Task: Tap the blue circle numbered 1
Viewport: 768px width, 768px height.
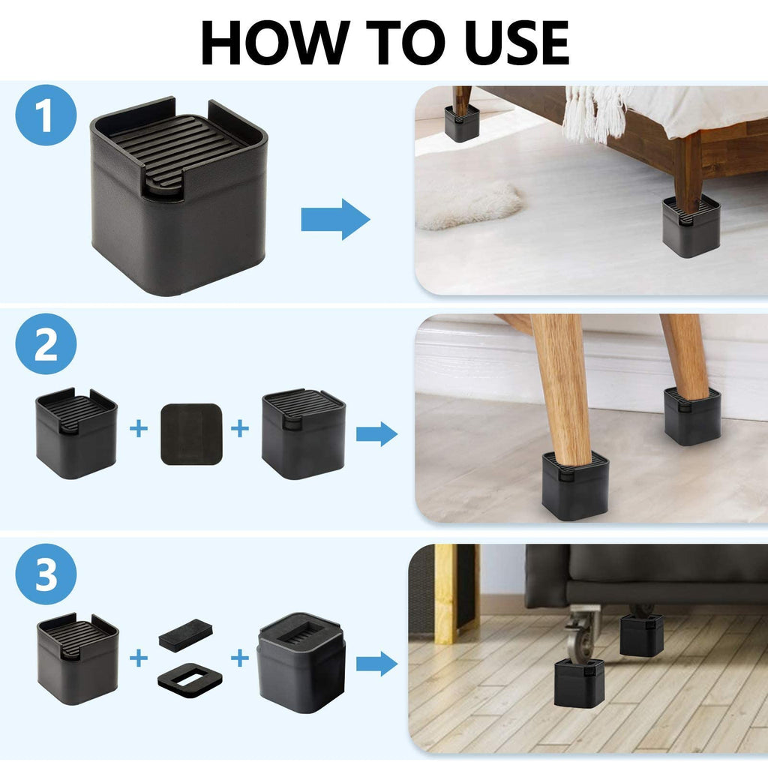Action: click(x=46, y=117)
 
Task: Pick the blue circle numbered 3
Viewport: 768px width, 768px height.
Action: click(x=46, y=574)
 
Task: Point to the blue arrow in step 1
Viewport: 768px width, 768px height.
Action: click(x=335, y=219)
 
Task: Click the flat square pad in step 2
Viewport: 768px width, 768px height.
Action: click(x=191, y=433)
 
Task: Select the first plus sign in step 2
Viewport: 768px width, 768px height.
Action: click(x=138, y=430)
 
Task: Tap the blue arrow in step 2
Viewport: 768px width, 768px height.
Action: click(x=376, y=433)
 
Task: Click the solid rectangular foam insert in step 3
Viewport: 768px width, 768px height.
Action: click(x=185, y=631)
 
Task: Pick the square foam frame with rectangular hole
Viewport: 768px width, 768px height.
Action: click(x=190, y=676)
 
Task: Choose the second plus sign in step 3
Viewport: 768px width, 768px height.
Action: click(x=239, y=658)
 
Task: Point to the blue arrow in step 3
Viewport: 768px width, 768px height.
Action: click(x=376, y=663)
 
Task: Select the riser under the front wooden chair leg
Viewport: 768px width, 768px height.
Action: click(x=574, y=486)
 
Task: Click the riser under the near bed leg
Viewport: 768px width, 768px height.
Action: click(x=691, y=226)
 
